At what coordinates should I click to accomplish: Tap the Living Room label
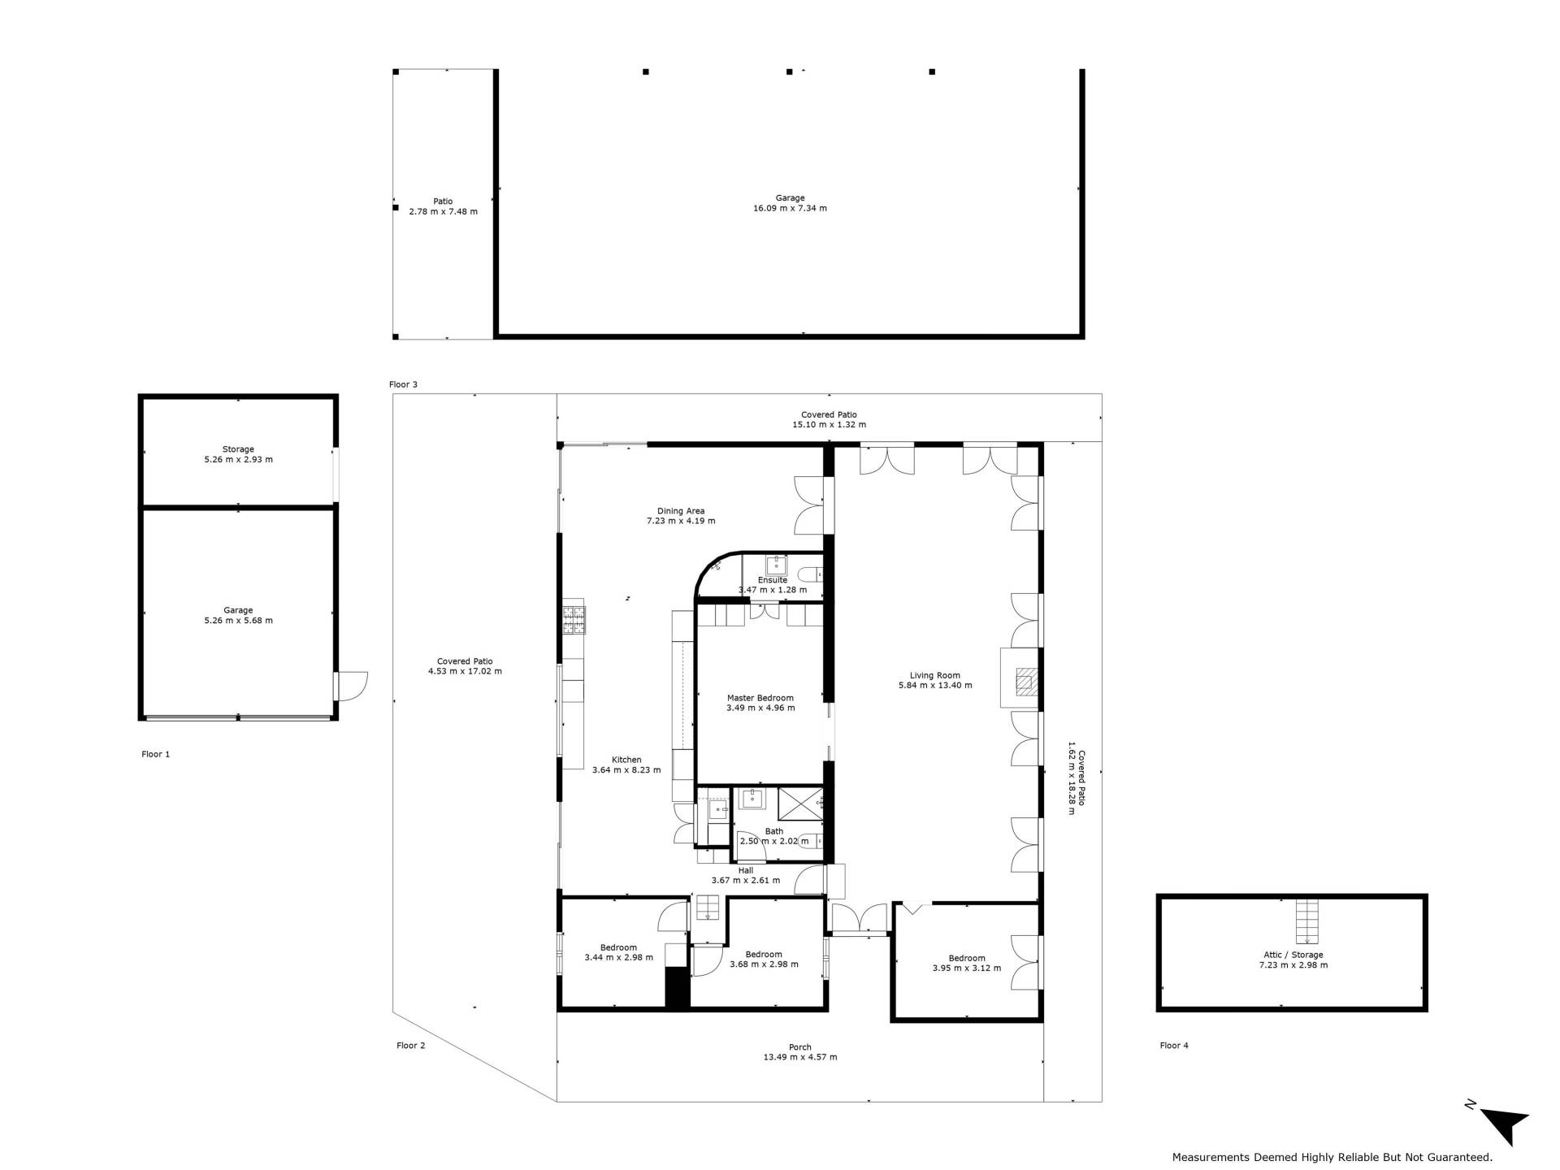click(934, 675)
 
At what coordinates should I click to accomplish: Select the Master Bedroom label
click(760, 698)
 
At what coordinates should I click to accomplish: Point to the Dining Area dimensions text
click(681, 521)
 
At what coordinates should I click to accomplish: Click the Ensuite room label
click(773, 580)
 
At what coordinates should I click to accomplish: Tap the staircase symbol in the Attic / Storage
click(1306, 920)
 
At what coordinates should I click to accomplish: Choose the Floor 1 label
click(156, 754)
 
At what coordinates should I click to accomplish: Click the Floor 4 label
click(1174, 1046)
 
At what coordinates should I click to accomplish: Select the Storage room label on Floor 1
click(238, 449)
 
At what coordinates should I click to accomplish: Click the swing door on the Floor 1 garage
click(351, 686)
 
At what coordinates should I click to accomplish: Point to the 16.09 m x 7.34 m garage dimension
click(790, 208)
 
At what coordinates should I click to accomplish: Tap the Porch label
click(800, 1047)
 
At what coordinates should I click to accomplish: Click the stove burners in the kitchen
click(574, 620)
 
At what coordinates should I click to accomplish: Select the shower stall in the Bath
click(800, 804)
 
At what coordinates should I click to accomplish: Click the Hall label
click(746, 870)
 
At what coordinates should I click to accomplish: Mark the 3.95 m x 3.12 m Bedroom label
click(967, 964)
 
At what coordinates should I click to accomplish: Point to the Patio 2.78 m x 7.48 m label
click(443, 206)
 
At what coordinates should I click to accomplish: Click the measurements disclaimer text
click(1332, 1157)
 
